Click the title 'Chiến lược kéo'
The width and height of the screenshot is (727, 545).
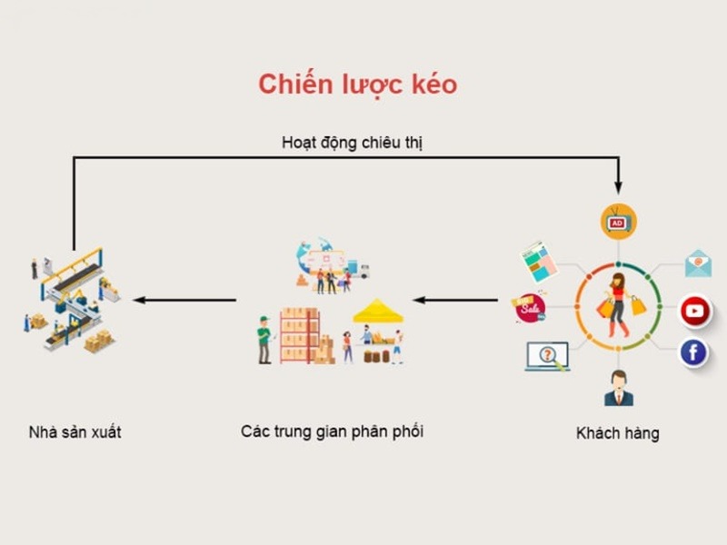[x=357, y=84]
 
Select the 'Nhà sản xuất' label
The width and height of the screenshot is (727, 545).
[x=75, y=432]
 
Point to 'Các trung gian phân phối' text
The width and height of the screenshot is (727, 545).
[x=332, y=431]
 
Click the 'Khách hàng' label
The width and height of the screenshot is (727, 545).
[x=617, y=432]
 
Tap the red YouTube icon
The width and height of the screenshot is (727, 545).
[x=695, y=312]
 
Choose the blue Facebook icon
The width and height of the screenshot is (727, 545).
[x=693, y=352]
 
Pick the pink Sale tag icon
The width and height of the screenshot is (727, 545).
[x=528, y=307]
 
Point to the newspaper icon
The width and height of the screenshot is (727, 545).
[x=538, y=262]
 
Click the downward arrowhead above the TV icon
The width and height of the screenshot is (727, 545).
[x=618, y=187]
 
